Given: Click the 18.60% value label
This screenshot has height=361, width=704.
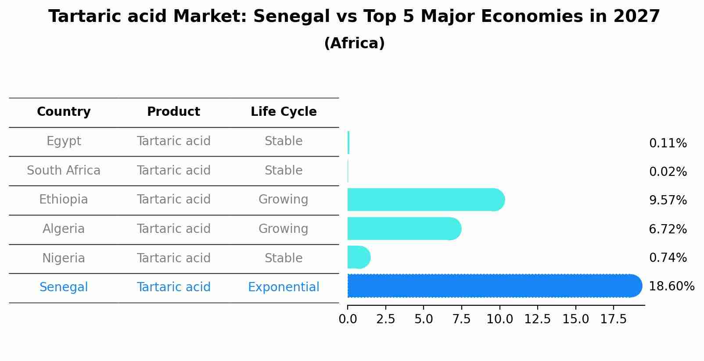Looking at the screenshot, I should pos(671,286).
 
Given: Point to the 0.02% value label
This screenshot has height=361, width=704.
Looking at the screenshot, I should pos(668,172).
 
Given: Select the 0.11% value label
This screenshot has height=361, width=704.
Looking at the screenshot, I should pos(668,143).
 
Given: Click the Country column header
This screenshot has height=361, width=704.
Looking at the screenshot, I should pos(64,112).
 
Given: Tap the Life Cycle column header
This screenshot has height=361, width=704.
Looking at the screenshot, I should pos(284,112).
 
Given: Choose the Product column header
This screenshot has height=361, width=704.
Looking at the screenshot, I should pos(173,112).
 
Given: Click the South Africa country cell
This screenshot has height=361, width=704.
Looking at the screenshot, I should pos(64,170).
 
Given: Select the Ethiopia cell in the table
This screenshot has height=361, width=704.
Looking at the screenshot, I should pos(64,200).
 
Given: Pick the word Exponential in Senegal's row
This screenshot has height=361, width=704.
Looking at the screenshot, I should pos(284,287).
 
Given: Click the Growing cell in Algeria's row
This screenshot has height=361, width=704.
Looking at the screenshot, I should pos(284,229).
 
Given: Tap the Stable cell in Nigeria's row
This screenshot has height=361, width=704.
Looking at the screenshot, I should pos(284,258).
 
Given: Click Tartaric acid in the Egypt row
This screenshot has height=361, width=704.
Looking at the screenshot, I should pos(173,141).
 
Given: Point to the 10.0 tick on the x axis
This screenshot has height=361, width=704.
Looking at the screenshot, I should pos(499,319).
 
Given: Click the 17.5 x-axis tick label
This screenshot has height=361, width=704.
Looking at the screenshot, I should pos(613,319).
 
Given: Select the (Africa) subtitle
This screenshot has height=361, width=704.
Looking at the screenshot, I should pos(354,43).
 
